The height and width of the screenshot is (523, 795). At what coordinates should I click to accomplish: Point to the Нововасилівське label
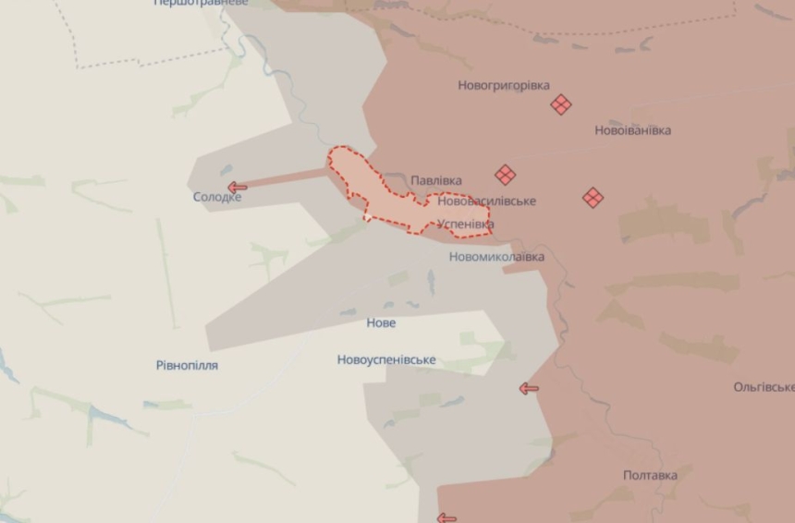coord(486,201)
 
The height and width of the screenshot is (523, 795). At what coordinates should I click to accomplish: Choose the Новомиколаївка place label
coord(496,257)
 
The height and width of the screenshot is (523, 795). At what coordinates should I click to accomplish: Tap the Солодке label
coord(217,198)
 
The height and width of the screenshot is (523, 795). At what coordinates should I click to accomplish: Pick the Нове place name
coord(381,323)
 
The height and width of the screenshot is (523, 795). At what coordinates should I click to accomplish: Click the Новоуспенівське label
coord(386,360)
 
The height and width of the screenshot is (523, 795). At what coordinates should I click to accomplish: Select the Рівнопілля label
coord(187,366)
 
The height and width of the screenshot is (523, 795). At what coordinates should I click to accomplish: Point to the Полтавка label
coord(650,476)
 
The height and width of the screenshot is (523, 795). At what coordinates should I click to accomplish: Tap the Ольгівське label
coord(764,387)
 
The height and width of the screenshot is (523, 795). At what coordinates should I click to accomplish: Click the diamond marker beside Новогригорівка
coord(560,104)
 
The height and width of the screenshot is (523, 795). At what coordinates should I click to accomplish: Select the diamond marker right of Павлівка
coord(505,174)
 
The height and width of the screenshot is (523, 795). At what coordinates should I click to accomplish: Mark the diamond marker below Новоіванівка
coord(593,197)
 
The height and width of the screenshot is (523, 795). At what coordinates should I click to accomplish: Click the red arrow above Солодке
coord(237,187)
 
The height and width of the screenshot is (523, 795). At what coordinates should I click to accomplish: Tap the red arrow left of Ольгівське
coord(529,389)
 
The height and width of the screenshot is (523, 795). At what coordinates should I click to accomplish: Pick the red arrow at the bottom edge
coord(446,517)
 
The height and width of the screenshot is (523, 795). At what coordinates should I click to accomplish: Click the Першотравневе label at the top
coord(201,4)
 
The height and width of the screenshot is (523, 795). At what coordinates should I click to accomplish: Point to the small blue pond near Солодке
coord(226,169)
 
